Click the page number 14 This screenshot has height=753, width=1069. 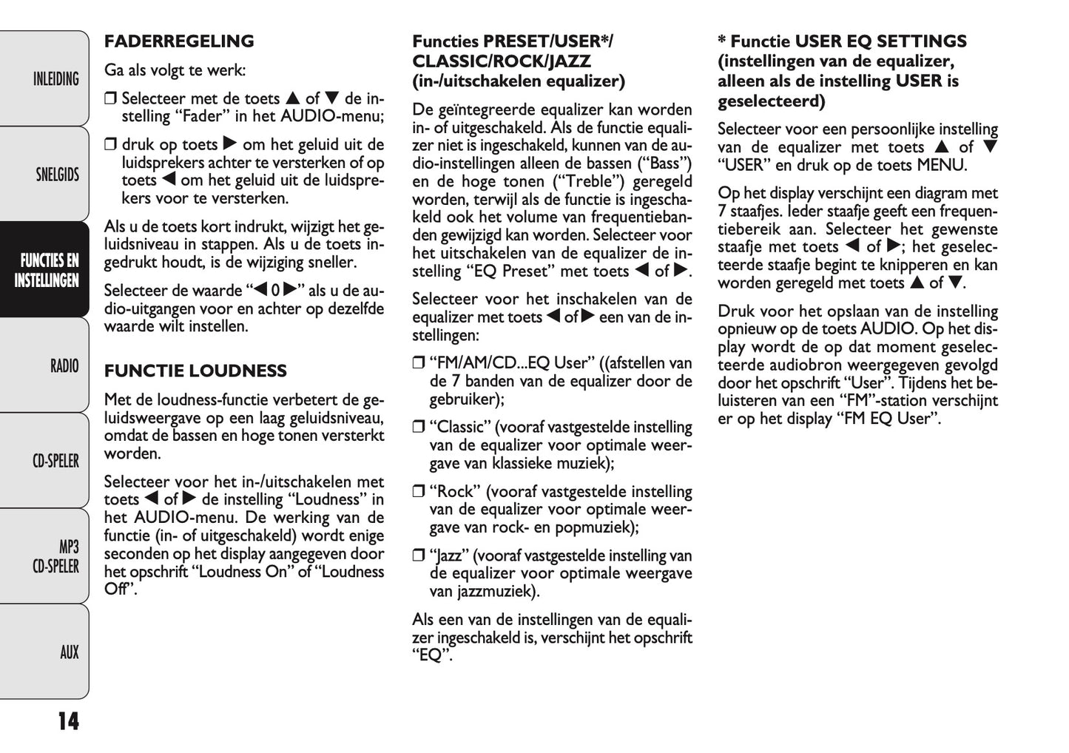click(x=68, y=720)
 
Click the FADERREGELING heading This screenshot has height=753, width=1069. click(x=179, y=41)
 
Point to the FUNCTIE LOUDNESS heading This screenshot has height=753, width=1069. click(x=195, y=371)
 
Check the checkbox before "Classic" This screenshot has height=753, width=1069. click(x=418, y=428)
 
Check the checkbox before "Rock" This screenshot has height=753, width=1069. click(x=418, y=492)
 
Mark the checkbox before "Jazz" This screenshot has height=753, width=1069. click(x=418, y=556)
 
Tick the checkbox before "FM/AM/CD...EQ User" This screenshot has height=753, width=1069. click(x=418, y=363)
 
